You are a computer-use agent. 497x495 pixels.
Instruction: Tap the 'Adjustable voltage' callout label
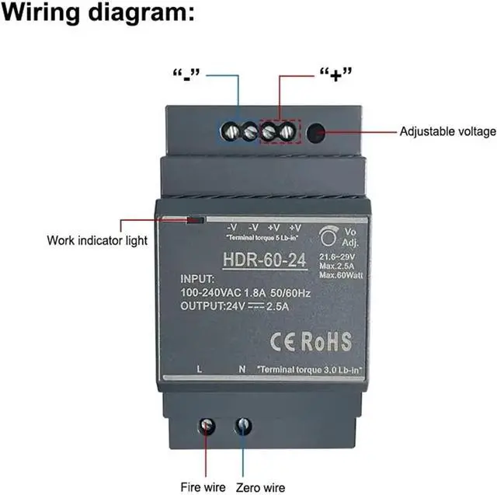[x=447, y=131]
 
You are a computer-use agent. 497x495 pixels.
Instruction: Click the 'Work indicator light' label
[x=96, y=240]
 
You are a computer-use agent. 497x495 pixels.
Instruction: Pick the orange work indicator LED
[x=195, y=220]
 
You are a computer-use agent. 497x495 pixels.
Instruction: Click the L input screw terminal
[x=207, y=426]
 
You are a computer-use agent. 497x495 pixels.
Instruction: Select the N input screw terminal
[x=243, y=425]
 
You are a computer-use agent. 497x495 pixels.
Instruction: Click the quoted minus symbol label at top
[x=186, y=75]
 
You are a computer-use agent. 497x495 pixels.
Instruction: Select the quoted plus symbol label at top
[x=336, y=75]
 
